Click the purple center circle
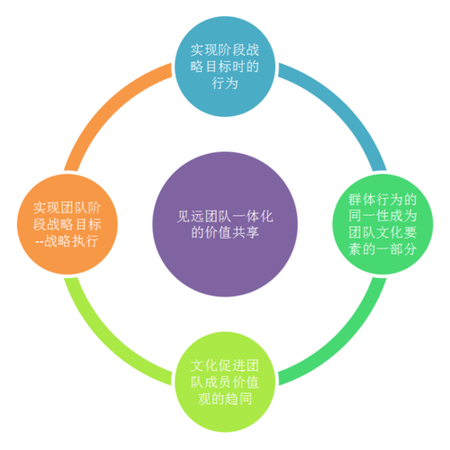tap(225, 224)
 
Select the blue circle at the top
tap(225, 67)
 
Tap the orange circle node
tap(67, 224)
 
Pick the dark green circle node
tap(382, 224)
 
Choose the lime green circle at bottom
tap(225, 382)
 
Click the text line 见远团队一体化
tap(225, 216)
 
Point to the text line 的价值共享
tap(225, 232)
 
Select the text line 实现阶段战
tap(225, 49)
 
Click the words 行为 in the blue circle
tap(225, 83)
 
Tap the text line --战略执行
tap(67, 241)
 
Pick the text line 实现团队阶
tap(67, 208)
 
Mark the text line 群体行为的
tap(382, 200)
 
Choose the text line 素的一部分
tap(382, 249)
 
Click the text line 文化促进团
tap(225, 365)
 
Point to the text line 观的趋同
tap(225, 399)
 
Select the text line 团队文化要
tap(382, 232)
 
